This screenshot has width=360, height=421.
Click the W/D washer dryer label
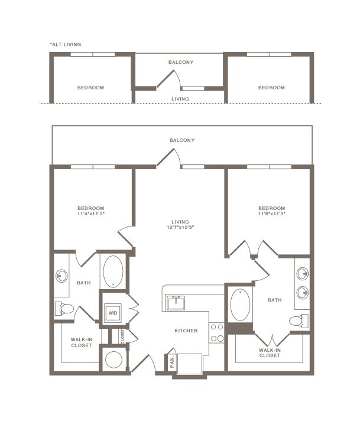113,312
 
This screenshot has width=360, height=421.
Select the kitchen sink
175,303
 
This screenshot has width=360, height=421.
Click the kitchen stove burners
217,332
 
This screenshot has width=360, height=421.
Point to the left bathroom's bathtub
113,271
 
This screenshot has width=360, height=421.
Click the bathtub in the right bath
239,305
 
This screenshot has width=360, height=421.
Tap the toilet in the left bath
64,309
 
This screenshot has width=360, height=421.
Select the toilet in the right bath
298,321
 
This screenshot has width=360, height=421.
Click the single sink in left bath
61,275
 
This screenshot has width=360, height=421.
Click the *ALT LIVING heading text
66,44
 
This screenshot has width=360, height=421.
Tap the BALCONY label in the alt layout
181,62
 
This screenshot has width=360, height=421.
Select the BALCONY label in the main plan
181,140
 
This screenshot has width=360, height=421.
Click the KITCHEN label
186,331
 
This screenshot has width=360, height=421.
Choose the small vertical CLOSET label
123,336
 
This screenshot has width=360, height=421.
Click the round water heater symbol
113,359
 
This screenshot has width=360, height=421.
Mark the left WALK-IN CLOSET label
81,342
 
